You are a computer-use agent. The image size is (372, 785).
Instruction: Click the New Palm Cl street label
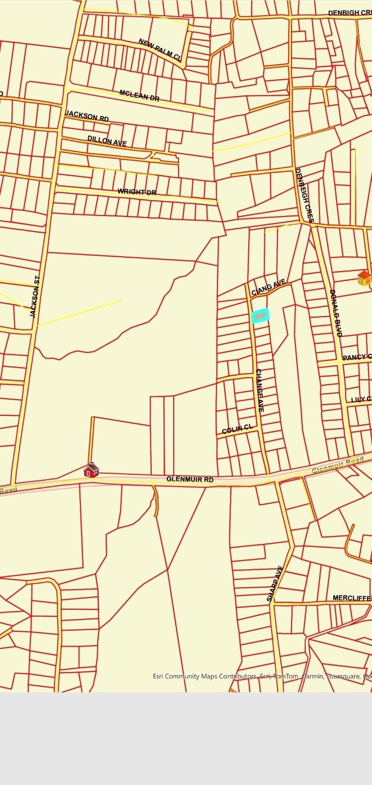pos(160,50)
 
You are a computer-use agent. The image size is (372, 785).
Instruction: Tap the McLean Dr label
pos(139,95)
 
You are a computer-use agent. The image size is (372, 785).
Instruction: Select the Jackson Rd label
pos(87,116)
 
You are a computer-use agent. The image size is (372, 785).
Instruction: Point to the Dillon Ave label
pos(107,141)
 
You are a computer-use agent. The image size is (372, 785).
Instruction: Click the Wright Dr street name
pos(136,192)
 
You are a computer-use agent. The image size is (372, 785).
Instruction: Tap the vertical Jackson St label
pos(34,297)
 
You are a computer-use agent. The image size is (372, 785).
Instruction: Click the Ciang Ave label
pos(268,287)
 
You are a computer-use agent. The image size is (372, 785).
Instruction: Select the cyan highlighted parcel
pos(260,316)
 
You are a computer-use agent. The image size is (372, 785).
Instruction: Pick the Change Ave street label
pos(260,390)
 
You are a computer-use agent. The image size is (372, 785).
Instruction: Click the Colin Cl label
pos(237,430)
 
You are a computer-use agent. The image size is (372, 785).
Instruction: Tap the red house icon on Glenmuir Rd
pos(91,470)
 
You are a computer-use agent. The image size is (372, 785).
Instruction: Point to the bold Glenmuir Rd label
pos(190,479)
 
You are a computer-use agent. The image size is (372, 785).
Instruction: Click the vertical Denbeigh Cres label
pos(304,195)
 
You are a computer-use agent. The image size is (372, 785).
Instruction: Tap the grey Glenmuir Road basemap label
pos(338,465)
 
